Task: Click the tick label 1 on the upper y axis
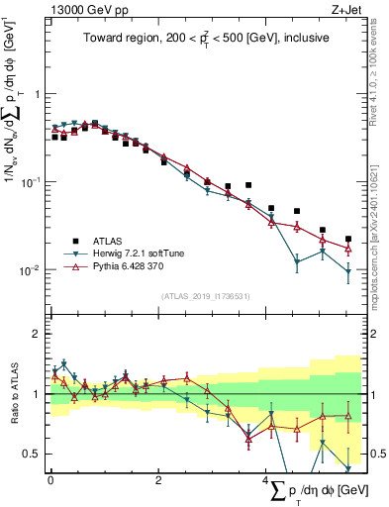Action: point(37,95)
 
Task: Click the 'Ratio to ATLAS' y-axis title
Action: point(12,396)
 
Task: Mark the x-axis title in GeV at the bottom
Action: point(317,490)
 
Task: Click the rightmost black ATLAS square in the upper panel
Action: point(348,239)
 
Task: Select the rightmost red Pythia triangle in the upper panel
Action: point(348,248)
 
